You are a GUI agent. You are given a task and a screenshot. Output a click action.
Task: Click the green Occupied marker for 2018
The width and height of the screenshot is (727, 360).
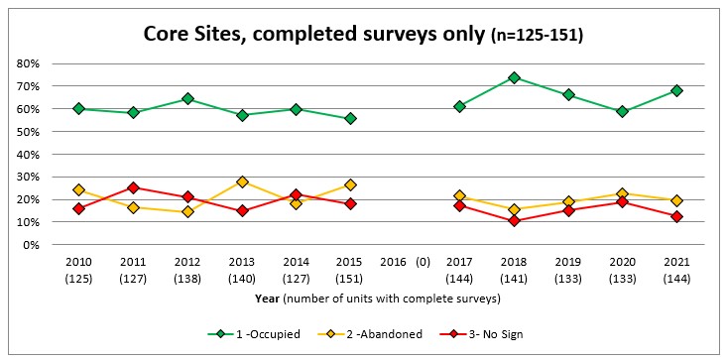pos(514,77)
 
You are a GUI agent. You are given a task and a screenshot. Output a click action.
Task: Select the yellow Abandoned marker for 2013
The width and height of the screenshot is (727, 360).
pos(241,181)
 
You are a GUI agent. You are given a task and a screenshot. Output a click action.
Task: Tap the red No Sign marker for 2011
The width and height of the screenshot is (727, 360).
pos(133,187)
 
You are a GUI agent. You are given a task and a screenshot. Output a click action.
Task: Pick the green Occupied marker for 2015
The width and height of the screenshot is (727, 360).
pos(350,118)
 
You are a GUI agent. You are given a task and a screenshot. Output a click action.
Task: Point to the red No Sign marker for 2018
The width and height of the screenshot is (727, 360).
pos(514,220)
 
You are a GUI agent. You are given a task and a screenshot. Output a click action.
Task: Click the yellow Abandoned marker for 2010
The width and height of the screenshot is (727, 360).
pos(78,189)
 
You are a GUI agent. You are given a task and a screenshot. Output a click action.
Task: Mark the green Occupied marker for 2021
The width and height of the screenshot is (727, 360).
pos(676,90)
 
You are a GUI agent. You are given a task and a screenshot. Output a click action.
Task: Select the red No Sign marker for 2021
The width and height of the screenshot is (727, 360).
pos(676,216)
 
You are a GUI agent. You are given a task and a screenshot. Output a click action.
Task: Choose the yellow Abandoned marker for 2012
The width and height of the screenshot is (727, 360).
pos(187,211)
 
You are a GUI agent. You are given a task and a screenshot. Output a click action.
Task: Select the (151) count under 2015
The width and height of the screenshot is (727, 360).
pos(349,278)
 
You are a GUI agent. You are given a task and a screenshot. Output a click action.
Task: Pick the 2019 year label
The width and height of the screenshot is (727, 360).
pos(568,262)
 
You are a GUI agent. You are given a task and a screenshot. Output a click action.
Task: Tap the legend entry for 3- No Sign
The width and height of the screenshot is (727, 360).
pos(507,333)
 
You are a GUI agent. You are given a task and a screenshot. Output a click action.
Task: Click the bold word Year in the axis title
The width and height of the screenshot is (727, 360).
pos(266,298)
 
